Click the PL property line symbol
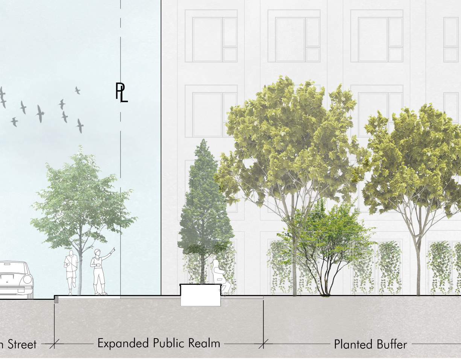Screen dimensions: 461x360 (x=121, y=93)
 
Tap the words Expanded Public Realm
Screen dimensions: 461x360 (x=158, y=343)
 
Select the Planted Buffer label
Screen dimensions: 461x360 (x=370, y=344)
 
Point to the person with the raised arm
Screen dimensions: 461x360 (x=100, y=271)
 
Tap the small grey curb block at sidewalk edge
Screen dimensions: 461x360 (x=56, y=299)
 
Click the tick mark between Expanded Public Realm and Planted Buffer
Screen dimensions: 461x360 (x=263, y=343)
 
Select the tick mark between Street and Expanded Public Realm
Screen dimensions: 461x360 (x=55, y=343)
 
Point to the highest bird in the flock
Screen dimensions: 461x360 (x=78, y=90)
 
